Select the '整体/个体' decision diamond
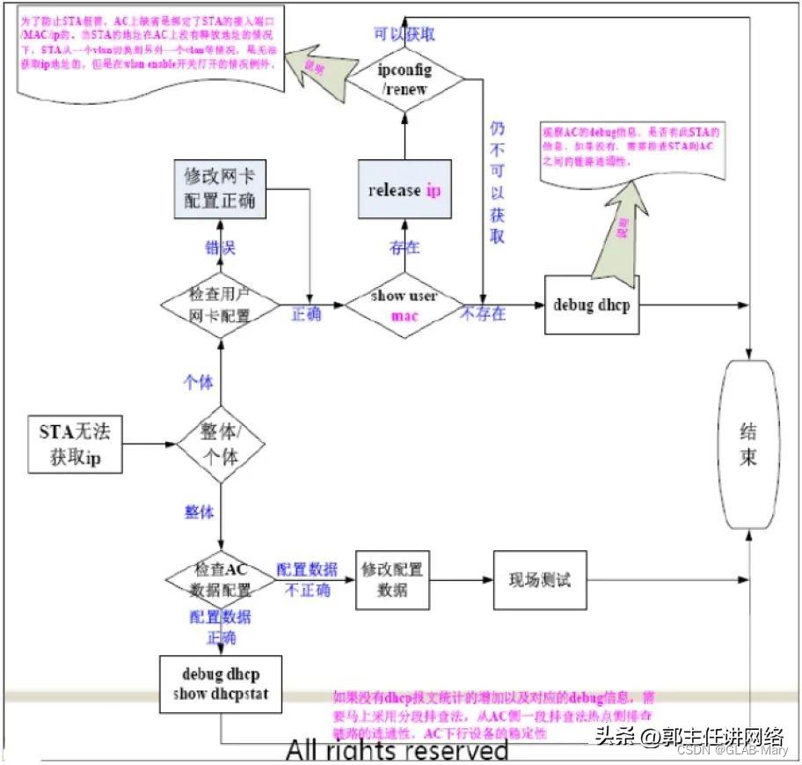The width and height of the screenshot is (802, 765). point(220,445)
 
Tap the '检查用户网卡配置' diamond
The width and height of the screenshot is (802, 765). point(220,305)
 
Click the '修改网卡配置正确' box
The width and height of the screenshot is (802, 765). point(220,188)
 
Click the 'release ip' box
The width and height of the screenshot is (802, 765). point(405,190)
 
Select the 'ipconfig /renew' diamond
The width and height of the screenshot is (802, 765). point(405,77)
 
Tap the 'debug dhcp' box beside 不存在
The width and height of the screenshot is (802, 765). point(588,305)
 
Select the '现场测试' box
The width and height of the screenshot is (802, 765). point(539,579)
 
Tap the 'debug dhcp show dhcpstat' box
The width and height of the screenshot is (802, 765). point(221,684)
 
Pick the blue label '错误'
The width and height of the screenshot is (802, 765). point(220,247)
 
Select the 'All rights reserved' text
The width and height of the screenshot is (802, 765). point(397,750)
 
